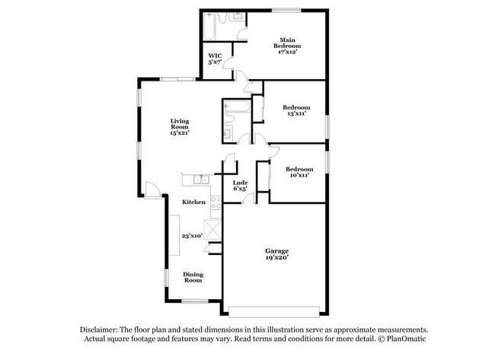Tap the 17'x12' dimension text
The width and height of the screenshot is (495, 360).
point(286,52)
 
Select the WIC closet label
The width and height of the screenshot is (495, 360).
point(216,56)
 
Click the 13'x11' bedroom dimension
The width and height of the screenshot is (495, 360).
point(296,114)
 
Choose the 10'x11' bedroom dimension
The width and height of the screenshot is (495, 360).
point(299,175)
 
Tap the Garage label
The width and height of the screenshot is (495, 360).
point(276,250)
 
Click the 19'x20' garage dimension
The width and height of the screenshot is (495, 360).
point(276,258)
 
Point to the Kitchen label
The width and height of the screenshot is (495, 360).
point(193,202)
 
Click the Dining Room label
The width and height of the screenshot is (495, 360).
point(193,276)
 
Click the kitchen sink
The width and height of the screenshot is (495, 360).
point(200,180)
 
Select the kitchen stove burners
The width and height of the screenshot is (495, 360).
point(216,203)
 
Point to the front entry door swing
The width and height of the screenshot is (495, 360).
point(153,190)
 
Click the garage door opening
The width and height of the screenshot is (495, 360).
point(276,311)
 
